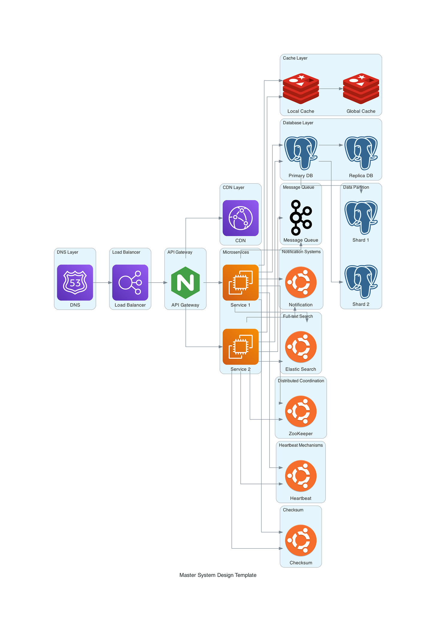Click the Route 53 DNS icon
(75, 282)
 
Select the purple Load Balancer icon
(130, 282)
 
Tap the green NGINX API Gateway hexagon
(185, 283)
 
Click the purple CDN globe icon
(240, 218)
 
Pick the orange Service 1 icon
(240, 282)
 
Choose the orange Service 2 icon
(240, 347)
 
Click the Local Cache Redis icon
(301, 89)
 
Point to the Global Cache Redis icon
(361, 89)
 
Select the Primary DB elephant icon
(301, 153)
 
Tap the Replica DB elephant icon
(361, 153)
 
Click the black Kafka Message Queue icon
(301, 218)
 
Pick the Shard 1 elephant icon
(361, 218)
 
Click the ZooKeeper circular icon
(301, 411)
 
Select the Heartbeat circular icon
(301, 476)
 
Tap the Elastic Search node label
(301, 369)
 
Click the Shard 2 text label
(361, 304)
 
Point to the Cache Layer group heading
(295, 58)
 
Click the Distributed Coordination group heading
(301, 381)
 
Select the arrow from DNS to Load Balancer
(102, 283)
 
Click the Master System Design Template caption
(218, 575)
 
